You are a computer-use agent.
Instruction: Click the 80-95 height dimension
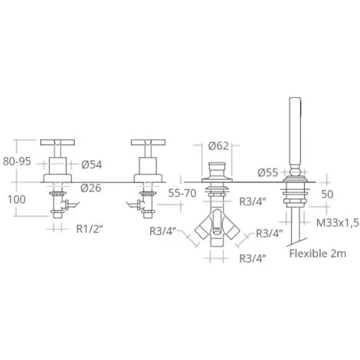click(17, 162)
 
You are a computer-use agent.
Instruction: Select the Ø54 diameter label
click(92, 165)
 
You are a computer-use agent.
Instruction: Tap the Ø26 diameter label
click(91, 188)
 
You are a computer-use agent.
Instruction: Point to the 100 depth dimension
click(17, 200)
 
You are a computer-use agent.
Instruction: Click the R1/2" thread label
click(90, 229)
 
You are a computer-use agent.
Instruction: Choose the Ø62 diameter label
click(218, 146)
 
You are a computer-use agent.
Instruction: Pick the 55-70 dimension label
click(182, 193)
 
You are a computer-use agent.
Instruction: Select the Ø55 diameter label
click(267, 172)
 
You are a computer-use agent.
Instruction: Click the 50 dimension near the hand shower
click(327, 195)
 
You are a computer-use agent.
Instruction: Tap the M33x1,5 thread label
click(338, 223)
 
